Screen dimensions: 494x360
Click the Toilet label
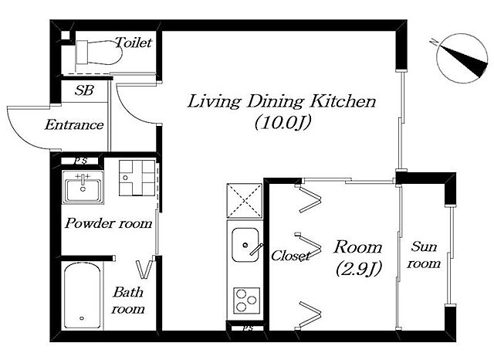point(134,42)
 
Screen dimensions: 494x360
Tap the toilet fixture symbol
point(99,53)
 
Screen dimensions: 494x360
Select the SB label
point(84,90)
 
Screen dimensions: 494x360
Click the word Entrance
point(74,125)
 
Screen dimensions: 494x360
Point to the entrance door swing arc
point(19,136)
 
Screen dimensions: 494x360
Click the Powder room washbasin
point(83,187)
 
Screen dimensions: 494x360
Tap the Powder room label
point(108,223)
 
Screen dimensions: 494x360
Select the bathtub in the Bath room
point(83,296)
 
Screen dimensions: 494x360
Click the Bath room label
point(128,301)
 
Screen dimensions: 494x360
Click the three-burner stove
point(247,301)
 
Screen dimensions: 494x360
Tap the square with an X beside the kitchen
point(245,201)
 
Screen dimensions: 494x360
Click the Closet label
point(290,256)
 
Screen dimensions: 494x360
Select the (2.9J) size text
point(359,269)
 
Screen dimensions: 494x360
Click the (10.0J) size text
point(283,122)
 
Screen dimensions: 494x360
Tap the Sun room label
point(424,255)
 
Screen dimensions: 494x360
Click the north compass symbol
point(462,59)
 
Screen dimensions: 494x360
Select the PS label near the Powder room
point(81,161)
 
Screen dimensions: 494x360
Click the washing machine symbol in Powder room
point(137,178)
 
